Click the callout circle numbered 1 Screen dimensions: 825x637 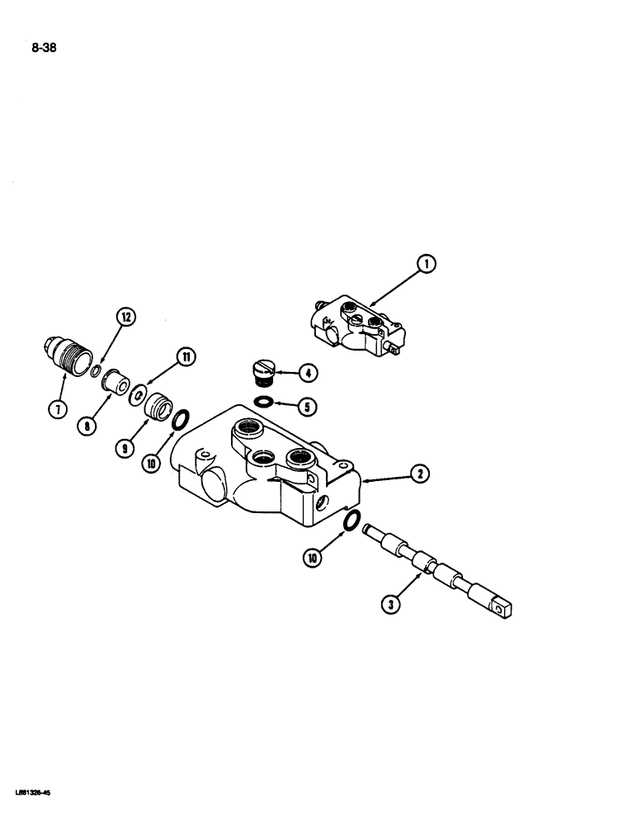pos(426,265)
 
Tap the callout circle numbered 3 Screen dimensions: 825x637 pos(394,605)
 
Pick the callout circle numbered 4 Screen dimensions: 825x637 pos(306,373)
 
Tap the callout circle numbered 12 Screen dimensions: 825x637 pos(126,316)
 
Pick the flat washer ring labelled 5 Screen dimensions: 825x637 pos(263,402)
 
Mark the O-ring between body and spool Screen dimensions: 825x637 pos(350,522)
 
